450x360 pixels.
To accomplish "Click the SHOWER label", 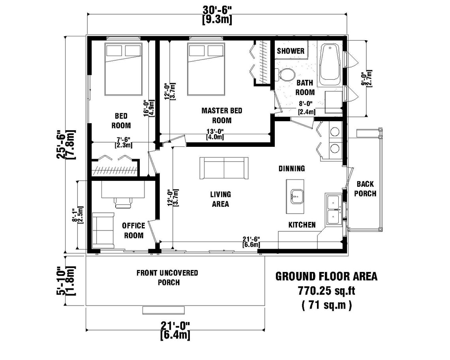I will (291, 51).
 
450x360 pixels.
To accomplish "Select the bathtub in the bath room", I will (329, 65).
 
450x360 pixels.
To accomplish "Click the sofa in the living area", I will (224, 167).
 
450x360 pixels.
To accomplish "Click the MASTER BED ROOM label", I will (221, 115).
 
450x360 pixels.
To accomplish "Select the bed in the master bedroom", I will (204, 69).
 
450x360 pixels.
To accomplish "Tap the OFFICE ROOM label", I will (133, 230).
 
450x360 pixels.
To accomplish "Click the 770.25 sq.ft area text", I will (326, 291).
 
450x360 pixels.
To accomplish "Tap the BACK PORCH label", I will (365, 189).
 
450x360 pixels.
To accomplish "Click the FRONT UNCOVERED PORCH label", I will (167, 277).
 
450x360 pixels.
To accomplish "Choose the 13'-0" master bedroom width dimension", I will (215, 134).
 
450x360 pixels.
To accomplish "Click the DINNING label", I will (292, 169).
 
